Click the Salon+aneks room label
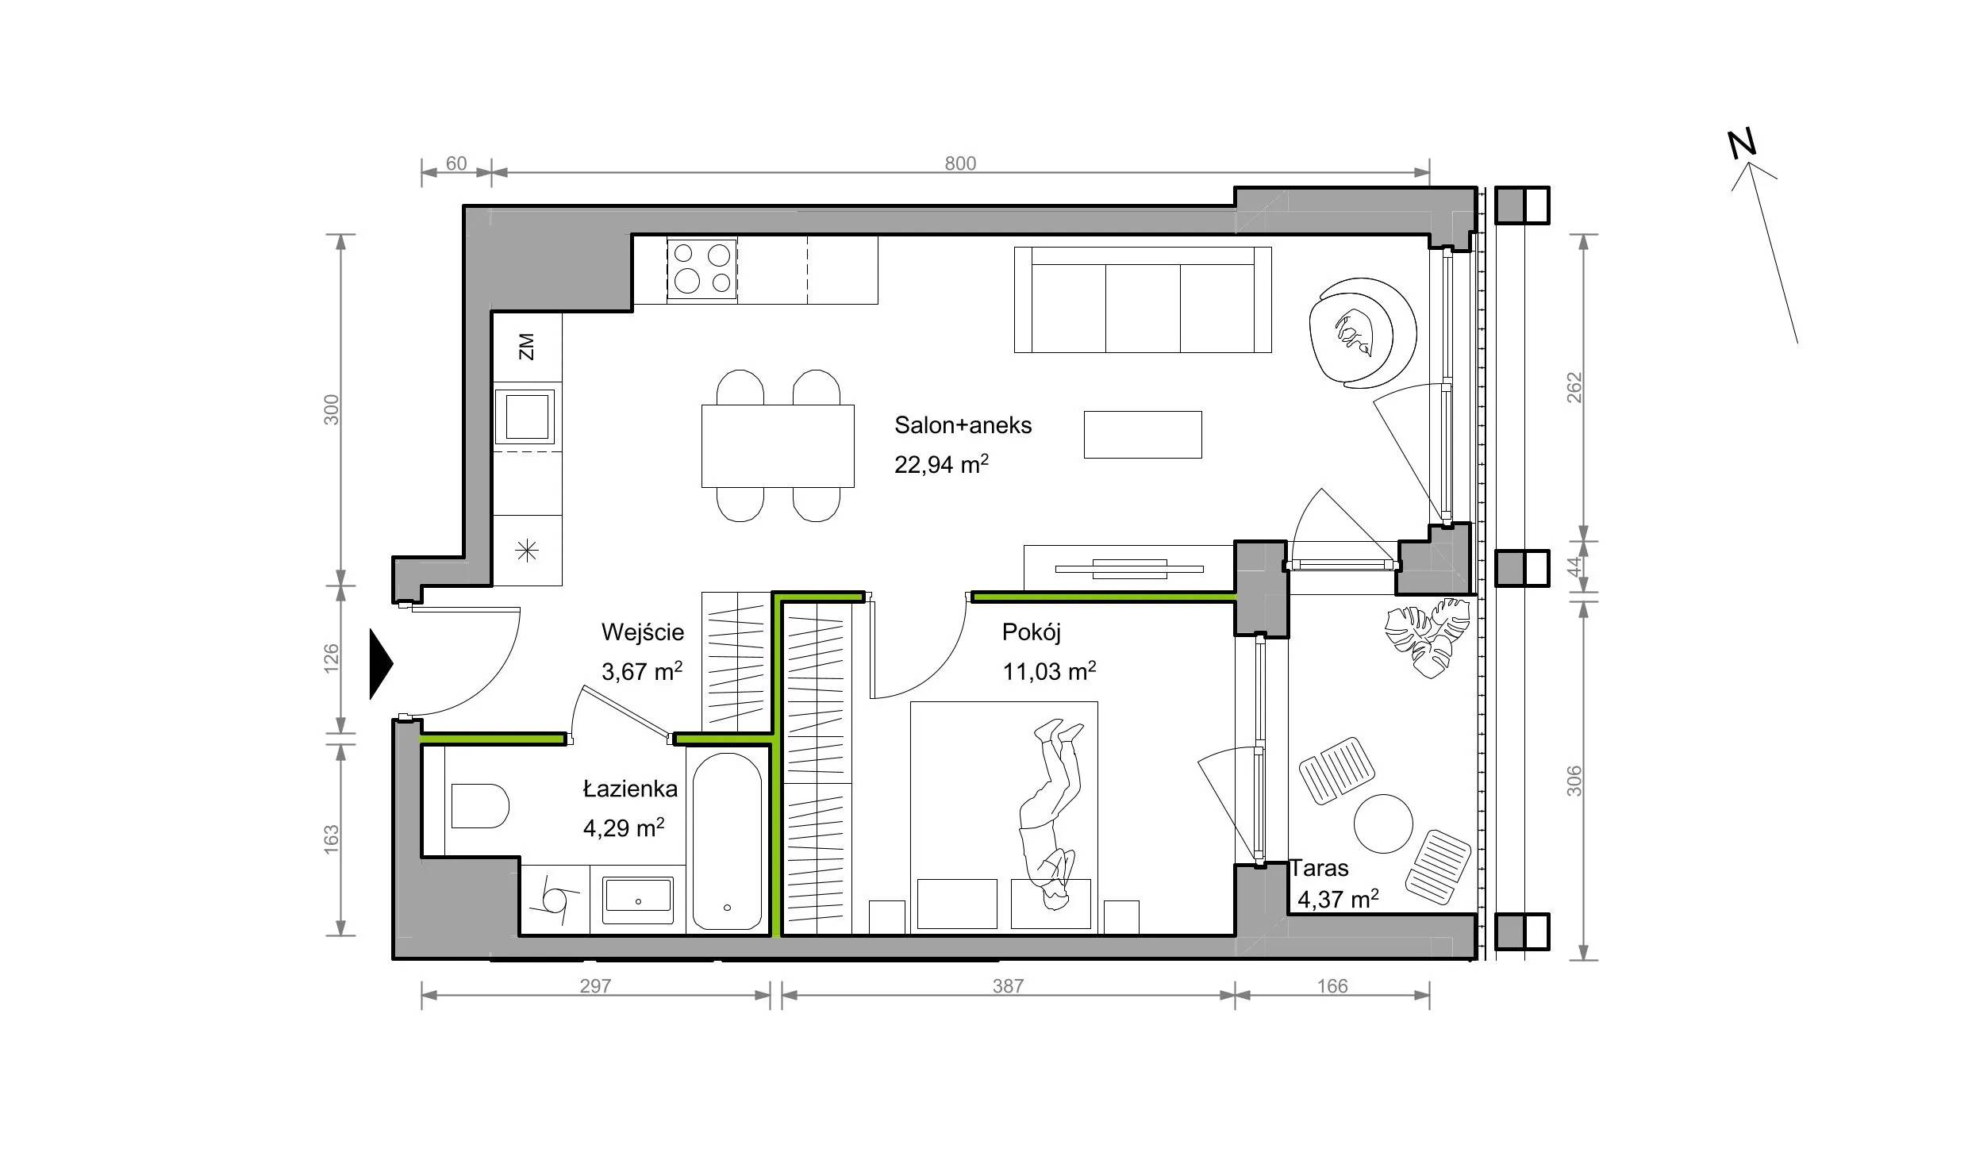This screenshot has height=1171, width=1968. pyautogui.click(x=963, y=425)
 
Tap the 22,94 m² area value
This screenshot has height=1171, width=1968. pyautogui.click(x=941, y=464)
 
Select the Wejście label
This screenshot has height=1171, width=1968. pyautogui.click(x=643, y=632)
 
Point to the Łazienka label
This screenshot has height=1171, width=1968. pyautogui.click(x=630, y=789)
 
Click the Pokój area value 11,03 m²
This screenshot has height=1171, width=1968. pyautogui.click(x=1049, y=671)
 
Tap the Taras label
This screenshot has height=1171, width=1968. pyautogui.click(x=1319, y=868)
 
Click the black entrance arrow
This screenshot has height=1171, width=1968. pyautogui.click(x=382, y=664)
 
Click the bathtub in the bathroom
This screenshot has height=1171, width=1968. pyautogui.click(x=727, y=842)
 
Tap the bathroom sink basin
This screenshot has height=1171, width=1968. pyautogui.click(x=638, y=900)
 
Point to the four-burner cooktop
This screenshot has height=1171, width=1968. pyautogui.click(x=701, y=269)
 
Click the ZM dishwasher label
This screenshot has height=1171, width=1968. pyautogui.click(x=527, y=347)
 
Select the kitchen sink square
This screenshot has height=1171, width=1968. pyautogui.click(x=527, y=416)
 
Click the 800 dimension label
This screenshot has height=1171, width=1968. pyautogui.click(x=960, y=163)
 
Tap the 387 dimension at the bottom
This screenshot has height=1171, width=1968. pyautogui.click(x=1008, y=986)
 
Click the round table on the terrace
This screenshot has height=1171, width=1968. pyautogui.click(x=1383, y=824)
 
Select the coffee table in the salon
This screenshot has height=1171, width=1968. pyautogui.click(x=1143, y=434)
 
